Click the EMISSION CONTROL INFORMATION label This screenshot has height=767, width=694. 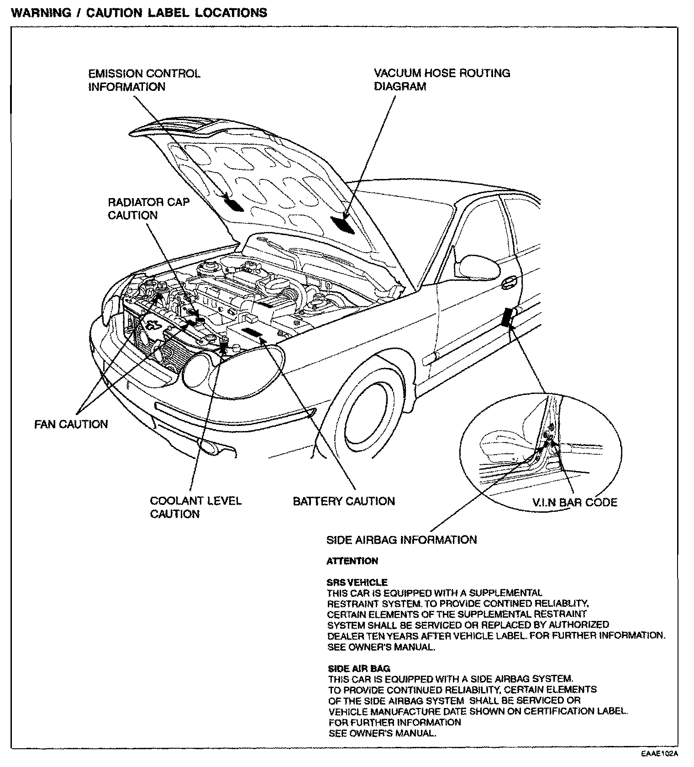pyautogui.click(x=144, y=80)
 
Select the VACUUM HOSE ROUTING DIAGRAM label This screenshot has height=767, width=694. pyautogui.click(x=442, y=79)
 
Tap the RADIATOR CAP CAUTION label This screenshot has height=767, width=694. pyautogui.click(x=148, y=208)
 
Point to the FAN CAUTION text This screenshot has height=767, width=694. pyautogui.click(x=71, y=424)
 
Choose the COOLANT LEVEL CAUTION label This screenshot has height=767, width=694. pyautogui.click(x=195, y=507)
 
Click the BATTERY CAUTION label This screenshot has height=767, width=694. pyautogui.click(x=343, y=501)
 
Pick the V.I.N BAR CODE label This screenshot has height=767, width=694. pyautogui.click(x=575, y=502)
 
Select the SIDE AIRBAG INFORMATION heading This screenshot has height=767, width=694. pyautogui.click(x=401, y=540)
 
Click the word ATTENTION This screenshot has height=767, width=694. pyautogui.click(x=352, y=561)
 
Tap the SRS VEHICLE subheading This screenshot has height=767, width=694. pyautogui.click(x=357, y=583)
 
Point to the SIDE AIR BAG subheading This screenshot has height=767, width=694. pyautogui.click(x=359, y=668)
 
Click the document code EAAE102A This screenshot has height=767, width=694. pyautogui.click(x=659, y=754)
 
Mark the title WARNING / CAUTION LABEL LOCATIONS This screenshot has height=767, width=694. pyautogui.click(x=139, y=12)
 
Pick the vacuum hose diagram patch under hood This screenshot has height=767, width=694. pyautogui.click(x=344, y=225)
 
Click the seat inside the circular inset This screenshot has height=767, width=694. pyautogui.click(x=502, y=446)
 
